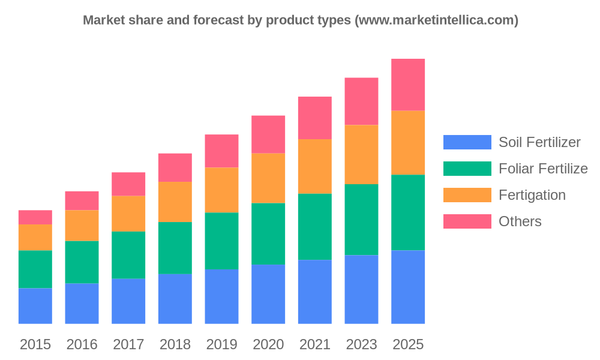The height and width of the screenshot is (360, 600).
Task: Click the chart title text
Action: (x=301, y=20)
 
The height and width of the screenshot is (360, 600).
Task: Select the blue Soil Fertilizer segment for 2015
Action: (x=35, y=306)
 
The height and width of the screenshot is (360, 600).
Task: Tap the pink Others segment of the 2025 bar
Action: (x=408, y=85)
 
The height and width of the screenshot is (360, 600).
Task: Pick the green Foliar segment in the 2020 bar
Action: (x=268, y=234)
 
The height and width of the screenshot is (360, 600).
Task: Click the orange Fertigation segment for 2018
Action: (x=175, y=202)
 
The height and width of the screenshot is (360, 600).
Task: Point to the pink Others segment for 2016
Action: (x=82, y=200)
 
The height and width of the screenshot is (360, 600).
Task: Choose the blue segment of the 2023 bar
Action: (x=361, y=290)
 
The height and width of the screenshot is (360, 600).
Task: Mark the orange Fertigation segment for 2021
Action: (x=314, y=166)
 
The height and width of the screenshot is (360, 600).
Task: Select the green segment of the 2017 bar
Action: (x=128, y=255)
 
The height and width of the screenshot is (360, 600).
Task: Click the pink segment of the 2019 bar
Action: (x=221, y=151)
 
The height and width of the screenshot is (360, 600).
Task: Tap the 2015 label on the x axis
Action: (x=35, y=344)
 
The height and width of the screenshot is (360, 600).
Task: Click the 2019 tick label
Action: (x=221, y=344)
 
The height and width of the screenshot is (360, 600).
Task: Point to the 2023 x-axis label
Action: (x=361, y=344)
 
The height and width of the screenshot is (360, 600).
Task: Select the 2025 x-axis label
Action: (x=408, y=344)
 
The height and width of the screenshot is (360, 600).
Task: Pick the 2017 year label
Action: (x=128, y=344)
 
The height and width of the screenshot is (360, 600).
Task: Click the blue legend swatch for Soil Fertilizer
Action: (x=467, y=142)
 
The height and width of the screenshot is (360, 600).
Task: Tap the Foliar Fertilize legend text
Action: (x=543, y=169)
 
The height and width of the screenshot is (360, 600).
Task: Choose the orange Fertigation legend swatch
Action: (x=467, y=195)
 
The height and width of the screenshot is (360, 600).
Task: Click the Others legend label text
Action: (x=520, y=221)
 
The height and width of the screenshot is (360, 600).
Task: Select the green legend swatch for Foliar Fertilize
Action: (x=467, y=169)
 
